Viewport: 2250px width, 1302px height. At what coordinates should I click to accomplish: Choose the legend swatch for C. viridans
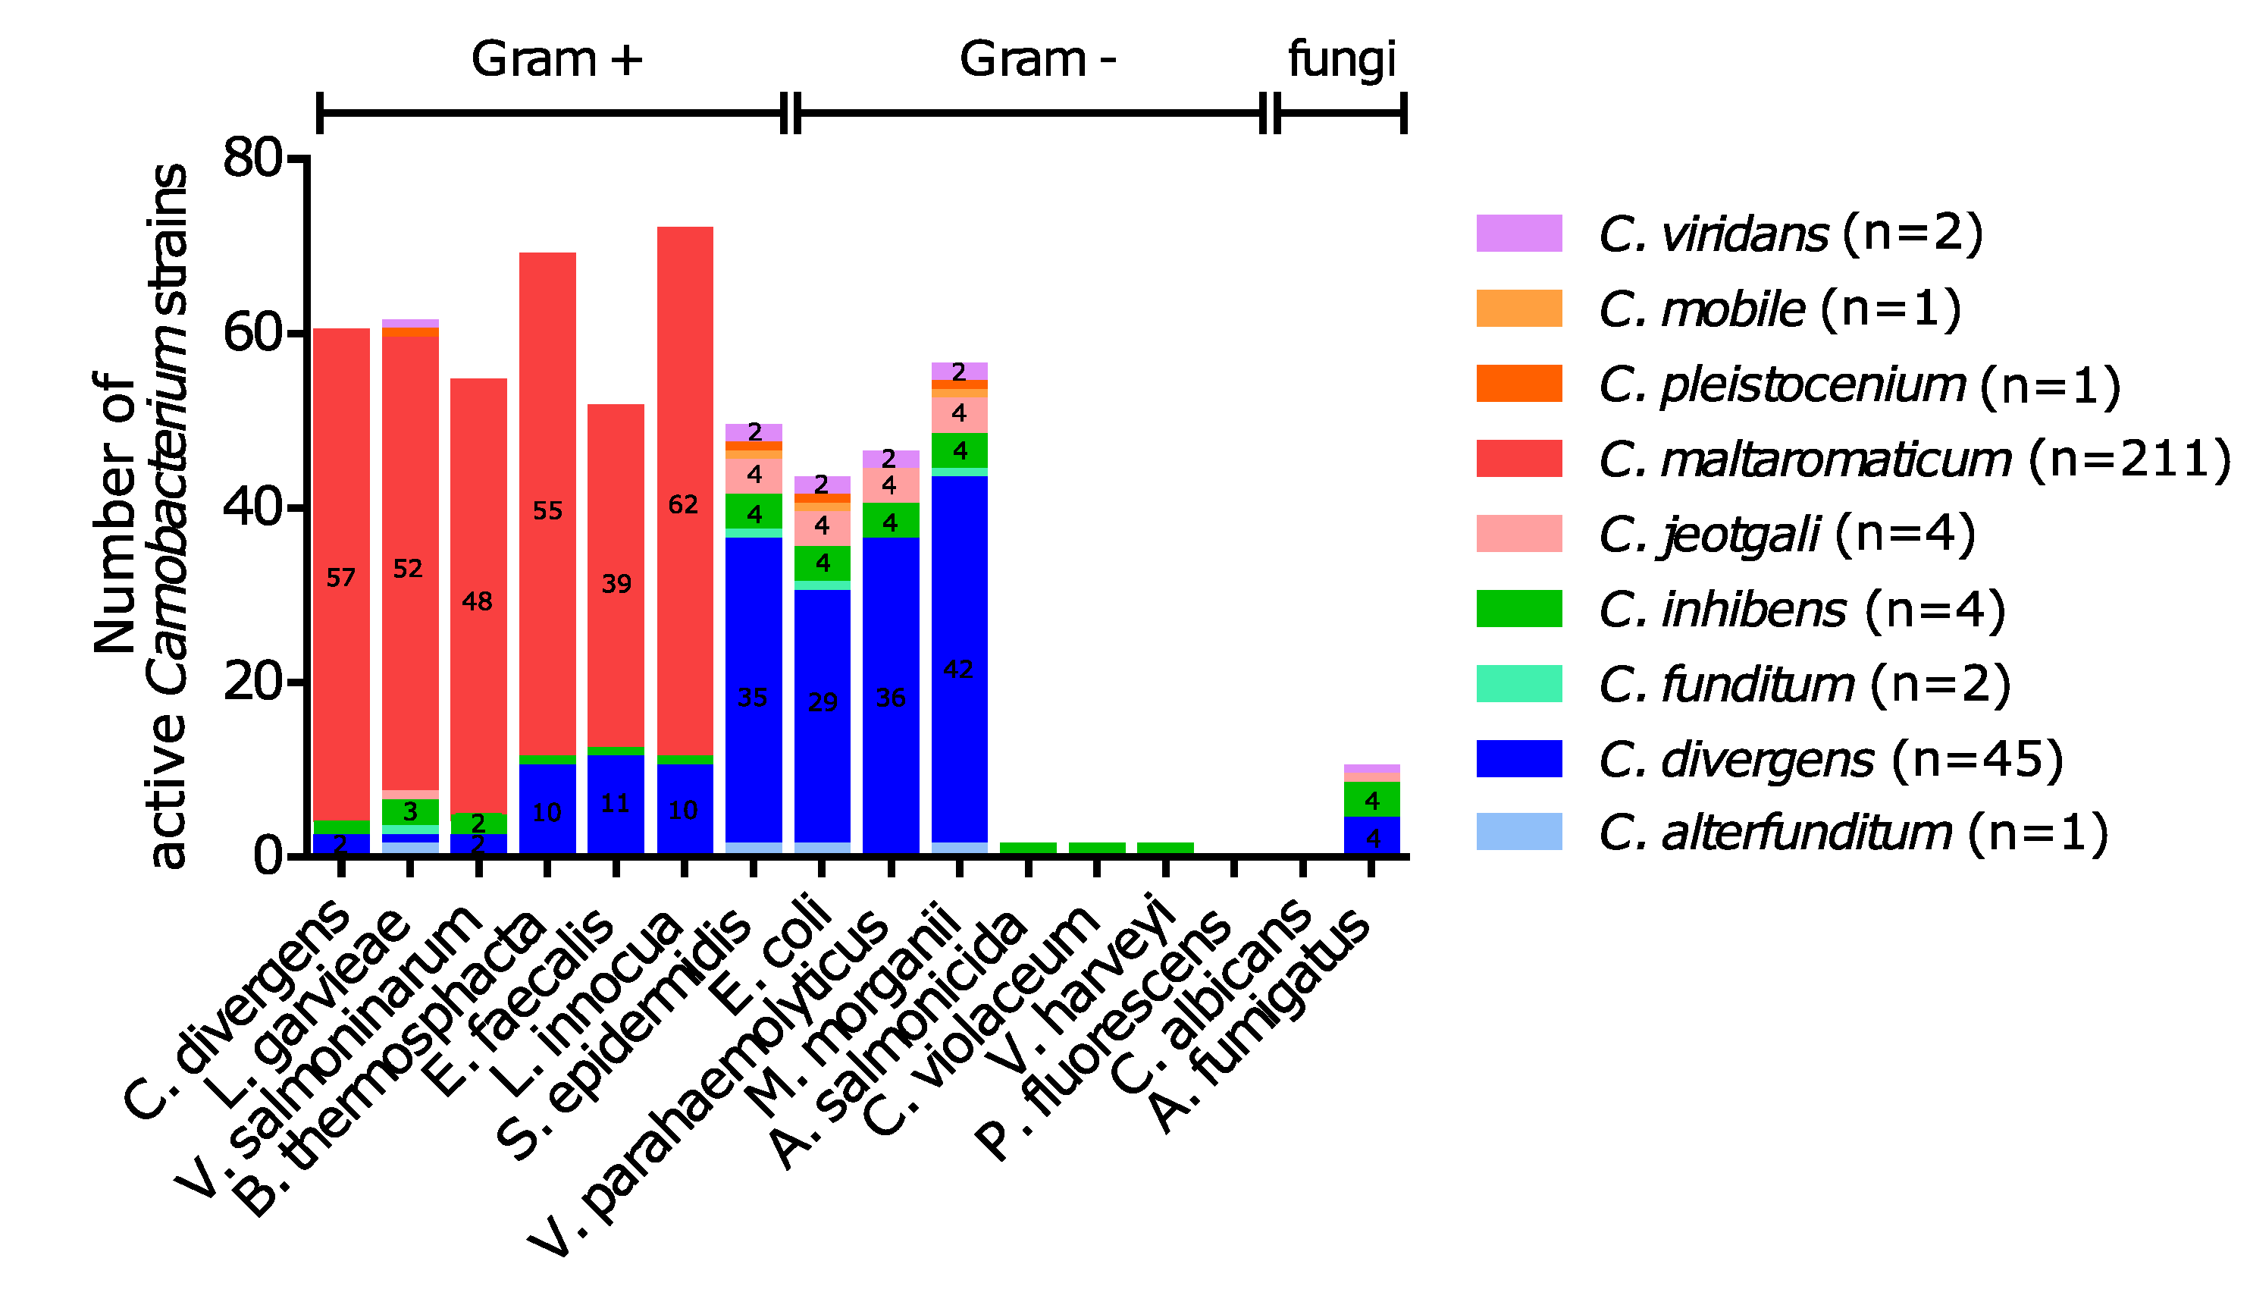1518,233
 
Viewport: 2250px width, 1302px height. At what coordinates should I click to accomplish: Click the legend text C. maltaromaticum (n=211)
1910,459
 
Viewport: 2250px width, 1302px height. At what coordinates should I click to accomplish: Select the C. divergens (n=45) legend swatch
1518,758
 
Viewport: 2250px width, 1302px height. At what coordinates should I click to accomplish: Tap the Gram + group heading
556,60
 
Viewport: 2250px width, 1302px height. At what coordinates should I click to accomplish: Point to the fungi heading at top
1341,60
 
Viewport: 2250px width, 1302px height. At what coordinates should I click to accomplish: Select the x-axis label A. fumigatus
1259,1018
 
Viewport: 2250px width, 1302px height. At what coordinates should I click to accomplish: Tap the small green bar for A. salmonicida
1028,848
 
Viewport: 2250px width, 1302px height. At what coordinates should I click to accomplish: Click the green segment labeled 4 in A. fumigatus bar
1371,799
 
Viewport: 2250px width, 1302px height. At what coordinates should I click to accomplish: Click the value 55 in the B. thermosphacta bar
547,511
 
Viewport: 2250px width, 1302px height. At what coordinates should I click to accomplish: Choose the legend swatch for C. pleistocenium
1518,383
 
